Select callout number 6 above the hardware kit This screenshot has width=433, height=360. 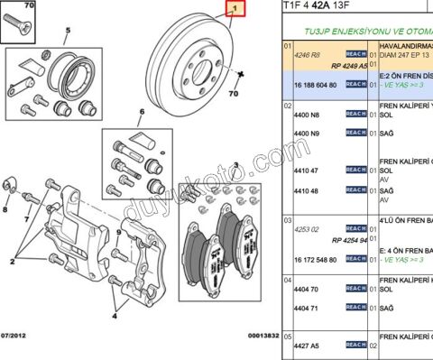click(141, 114)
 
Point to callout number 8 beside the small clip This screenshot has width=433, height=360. click(5, 209)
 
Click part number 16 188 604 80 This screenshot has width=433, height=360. click(313, 84)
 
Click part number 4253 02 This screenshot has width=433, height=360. click(302, 228)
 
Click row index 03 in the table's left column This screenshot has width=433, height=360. click(288, 220)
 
